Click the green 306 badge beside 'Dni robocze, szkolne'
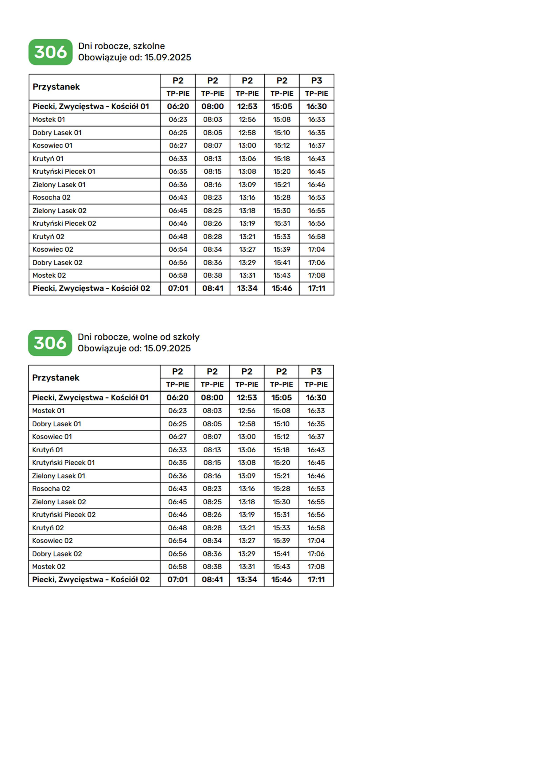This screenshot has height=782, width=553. click(x=50, y=52)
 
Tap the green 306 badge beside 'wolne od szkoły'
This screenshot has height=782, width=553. click(x=50, y=343)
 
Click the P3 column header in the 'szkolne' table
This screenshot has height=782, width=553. click(x=316, y=81)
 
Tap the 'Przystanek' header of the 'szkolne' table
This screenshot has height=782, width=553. click(x=56, y=87)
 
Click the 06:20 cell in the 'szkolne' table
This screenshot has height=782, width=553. click(x=178, y=107)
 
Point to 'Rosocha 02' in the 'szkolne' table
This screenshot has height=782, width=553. click(x=51, y=197)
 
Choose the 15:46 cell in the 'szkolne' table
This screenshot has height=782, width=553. click(x=282, y=288)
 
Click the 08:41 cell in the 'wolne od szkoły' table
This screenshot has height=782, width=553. click(x=212, y=579)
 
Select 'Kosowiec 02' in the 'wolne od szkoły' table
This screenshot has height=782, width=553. click(x=52, y=540)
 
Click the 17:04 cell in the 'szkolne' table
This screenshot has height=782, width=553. click(x=316, y=249)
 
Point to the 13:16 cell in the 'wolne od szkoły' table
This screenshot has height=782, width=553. click(x=247, y=488)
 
